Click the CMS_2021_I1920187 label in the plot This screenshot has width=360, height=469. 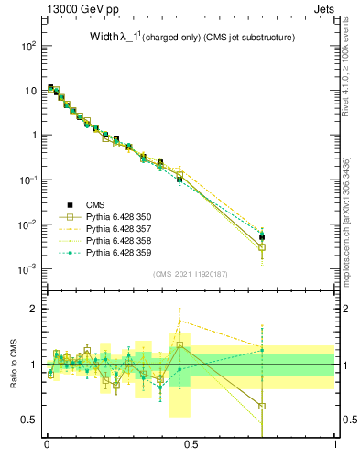[190, 275]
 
